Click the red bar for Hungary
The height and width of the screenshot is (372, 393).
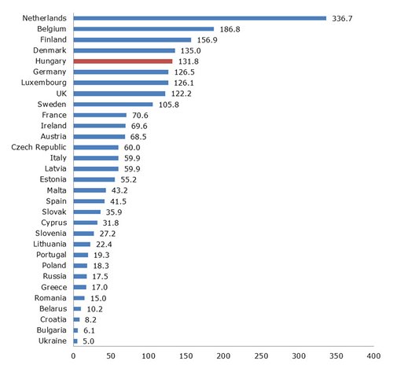(x=123, y=61)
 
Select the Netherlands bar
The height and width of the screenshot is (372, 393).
(x=200, y=18)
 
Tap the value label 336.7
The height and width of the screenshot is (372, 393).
(x=342, y=18)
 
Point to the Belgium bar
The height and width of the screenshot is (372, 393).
(x=144, y=29)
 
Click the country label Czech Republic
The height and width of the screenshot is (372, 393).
(x=39, y=147)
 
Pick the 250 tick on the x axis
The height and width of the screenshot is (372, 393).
(x=261, y=355)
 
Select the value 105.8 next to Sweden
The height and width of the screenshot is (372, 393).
(x=169, y=105)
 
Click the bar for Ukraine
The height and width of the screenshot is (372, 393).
(x=75, y=341)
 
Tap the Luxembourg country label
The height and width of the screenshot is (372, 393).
(x=44, y=83)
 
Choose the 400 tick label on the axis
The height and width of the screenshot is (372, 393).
(x=373, y=355)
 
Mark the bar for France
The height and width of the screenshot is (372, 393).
(x=100, y=115)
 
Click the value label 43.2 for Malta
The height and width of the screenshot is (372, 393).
(x=119, y=190)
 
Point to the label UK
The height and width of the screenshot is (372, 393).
(x=61, y=94)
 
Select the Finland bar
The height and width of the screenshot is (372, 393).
(x=132, y=40)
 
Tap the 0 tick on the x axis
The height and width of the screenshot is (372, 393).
(x=73, y=355)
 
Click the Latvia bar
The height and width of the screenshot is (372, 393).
(x=96, y=169)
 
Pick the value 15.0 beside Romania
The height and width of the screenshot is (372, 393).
(x=98, y=298)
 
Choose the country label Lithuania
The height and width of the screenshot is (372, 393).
(x=50, y=244)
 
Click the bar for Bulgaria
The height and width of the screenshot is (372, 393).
(x=75, y=330)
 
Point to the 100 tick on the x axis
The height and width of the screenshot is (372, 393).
(x=149, y=355)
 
